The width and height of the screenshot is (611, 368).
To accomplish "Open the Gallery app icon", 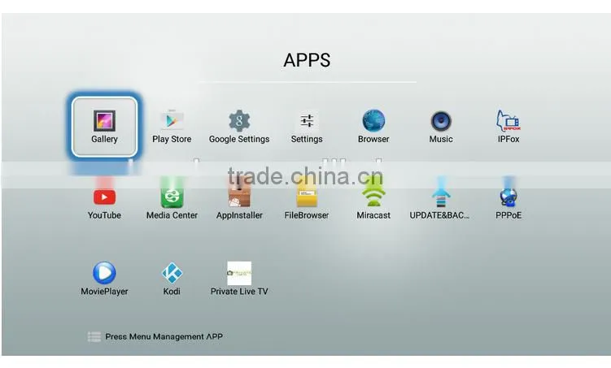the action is (x=104, y=120).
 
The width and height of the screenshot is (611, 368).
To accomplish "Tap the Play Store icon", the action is (x=172, y=120).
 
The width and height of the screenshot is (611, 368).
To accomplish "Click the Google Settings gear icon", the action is (x=239, y=120).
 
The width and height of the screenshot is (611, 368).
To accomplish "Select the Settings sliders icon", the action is (x=307, y=120).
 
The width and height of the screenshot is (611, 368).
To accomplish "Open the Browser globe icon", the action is (x=373, y=120).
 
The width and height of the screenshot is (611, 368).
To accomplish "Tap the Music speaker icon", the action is (x=441, y=121).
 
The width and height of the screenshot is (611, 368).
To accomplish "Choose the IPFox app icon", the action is (x=508, y=120).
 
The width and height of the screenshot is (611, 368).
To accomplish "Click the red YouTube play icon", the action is (x=104, y=197).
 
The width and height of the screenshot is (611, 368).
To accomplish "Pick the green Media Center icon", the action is (x=172, y=194).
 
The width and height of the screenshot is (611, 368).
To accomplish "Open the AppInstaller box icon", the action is (x=239, y=195).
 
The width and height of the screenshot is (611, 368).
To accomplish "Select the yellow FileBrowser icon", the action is (x=307, y=196).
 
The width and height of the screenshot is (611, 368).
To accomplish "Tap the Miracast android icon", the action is (x=373, y=195).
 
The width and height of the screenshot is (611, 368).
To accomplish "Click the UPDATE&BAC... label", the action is (x=439, y=215).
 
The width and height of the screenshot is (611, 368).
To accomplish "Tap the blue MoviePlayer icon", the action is (x=104, y=273).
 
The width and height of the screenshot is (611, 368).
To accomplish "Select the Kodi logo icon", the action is (x=172, y=273).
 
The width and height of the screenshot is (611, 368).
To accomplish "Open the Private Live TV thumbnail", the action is (x=239, y=273).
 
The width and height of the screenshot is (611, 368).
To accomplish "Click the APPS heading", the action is (x=307, y=60).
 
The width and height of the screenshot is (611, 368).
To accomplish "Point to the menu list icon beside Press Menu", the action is (x=94, y=336).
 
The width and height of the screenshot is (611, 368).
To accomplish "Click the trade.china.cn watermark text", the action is (x=306, y=176).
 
